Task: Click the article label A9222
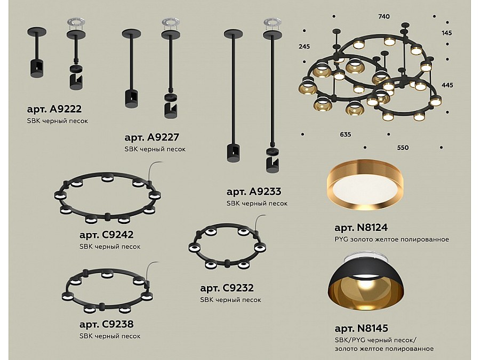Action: tap(54, 109)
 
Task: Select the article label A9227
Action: tap(151, 137)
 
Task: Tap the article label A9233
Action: tap(253, 191)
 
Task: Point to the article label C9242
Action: tap(106, 235)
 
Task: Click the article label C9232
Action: tap(227, 288)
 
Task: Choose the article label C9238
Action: tap(106, 324)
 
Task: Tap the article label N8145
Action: tap(361, 328)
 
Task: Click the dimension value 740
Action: tap(384, 17)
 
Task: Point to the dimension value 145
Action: tap(446, 33)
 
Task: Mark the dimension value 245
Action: tap(305, 46)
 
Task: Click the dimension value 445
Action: tap(447, 85)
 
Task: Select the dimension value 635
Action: tap(345, 134)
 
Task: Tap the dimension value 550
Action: tap(403, 148)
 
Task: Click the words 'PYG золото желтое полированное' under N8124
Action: tap(391, 239)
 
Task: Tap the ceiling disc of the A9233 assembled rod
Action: tap(233, 34)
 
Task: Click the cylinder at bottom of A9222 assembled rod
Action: tap(36, 68)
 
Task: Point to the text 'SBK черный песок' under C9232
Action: tap(230, 300)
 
